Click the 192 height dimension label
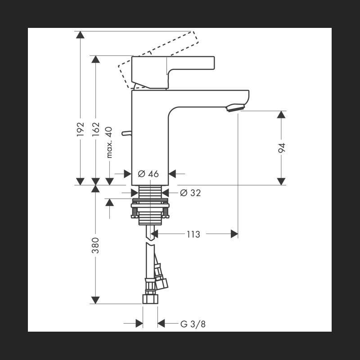click(80, 129)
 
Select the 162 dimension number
click(96, 129)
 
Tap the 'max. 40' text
click(109, 142)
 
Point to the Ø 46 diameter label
click(148, 174)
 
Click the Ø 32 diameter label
click(190, 193)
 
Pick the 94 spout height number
click(282, 148)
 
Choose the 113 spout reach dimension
click(193, 234)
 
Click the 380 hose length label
click(95, 245)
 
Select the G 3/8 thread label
click(193, 324)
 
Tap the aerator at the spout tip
click(235, 108)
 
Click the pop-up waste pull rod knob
click(126, 133)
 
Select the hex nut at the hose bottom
click(150, 299)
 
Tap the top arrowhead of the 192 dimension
click(80, 35)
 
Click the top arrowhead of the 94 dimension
click(281, 115)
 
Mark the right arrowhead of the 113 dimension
click(234, 234)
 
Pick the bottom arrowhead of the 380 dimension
click(95, 300)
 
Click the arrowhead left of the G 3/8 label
click(139, 324)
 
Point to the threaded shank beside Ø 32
click(150, 192)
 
